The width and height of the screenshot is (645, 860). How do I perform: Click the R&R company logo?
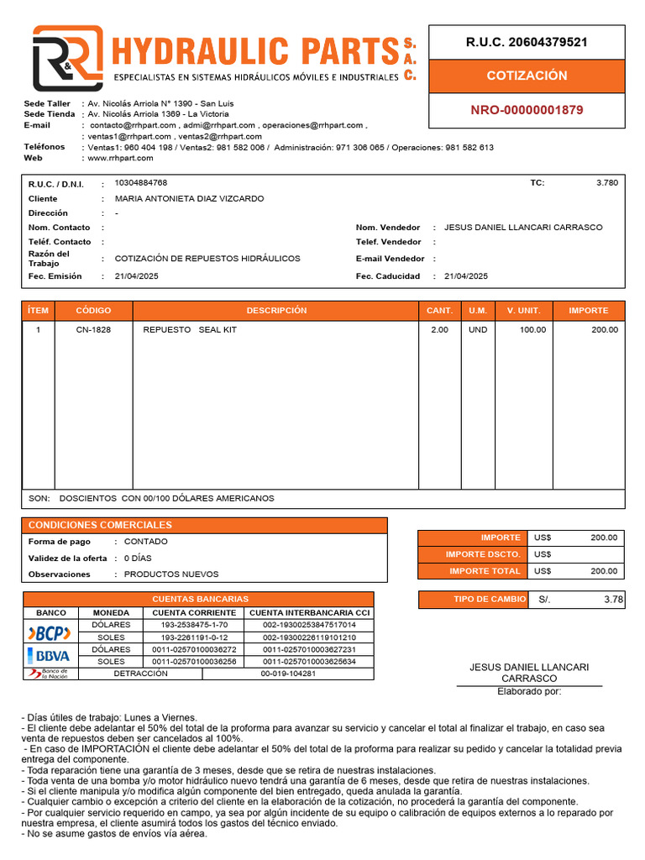[67, 58]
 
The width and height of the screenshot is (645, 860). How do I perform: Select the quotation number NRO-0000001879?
[527, 110]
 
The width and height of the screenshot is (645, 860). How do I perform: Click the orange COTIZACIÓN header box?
[527, 76]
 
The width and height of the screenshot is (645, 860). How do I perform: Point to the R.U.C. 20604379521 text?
[527, 42]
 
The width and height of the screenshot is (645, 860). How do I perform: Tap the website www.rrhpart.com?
[119, 158]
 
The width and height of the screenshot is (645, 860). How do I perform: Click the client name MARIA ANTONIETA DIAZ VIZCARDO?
[189, 199]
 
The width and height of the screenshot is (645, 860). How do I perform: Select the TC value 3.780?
[606, 182]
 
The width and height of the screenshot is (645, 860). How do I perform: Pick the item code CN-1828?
[93, 330]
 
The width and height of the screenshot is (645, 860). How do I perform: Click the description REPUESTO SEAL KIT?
[190, 330]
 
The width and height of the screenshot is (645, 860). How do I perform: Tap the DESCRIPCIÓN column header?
[276, 311]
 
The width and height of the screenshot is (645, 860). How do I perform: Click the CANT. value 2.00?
[439, 330]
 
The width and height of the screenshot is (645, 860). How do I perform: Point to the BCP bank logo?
[50, 632]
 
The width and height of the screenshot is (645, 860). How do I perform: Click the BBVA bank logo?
[50, 655]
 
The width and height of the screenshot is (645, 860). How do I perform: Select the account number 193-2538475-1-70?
[194, 626]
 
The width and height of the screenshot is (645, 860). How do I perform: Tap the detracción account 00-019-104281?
[288, 674]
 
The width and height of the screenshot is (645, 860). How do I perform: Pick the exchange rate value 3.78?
[613, 600]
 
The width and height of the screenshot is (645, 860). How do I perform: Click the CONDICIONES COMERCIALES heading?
[100, 525]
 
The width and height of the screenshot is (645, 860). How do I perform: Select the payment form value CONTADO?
[146, 542]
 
